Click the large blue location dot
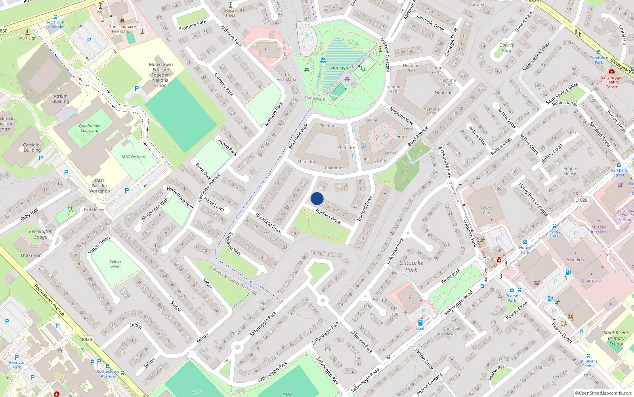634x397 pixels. point(317,198)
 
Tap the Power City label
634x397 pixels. point(486,210)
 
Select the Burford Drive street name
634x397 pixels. point(328,217)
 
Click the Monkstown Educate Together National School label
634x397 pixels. point(160,75)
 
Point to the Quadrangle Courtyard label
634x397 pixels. point(90,128)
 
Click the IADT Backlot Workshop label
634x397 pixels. point(99,186)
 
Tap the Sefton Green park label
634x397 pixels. point(115,264)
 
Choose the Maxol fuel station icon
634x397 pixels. point(420,323)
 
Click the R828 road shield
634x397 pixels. point(87,339)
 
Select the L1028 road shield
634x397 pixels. point(581,200)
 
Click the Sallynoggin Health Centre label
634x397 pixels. point(611,82)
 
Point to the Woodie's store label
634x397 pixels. point(575,260)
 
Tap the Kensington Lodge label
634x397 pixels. point(41,234)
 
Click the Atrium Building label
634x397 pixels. point(61,98)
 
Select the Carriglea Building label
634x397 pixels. point(32,147)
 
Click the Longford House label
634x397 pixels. point(570,171)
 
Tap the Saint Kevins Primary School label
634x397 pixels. point(616,338)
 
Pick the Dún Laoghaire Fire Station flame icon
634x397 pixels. point(122,20)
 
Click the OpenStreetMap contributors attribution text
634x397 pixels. point(603,393)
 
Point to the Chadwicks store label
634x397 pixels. point(591,281)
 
